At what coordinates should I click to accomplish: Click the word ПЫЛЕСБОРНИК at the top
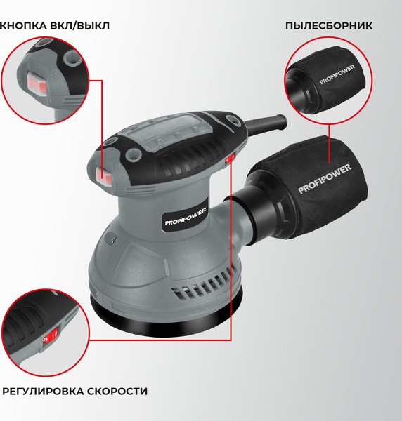coord(328,26)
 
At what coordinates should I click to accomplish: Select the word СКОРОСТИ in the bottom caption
coord(124,391)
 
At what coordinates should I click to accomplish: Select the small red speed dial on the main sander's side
coord(229,160)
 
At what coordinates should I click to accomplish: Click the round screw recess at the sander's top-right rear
coord(229,121)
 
